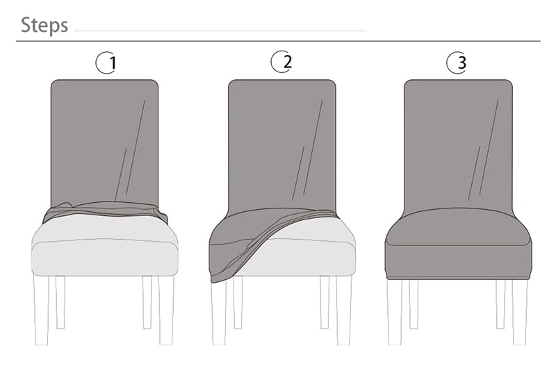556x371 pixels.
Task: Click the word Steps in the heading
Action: [x=44, y=26]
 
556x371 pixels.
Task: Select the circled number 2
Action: [x=281, y=62]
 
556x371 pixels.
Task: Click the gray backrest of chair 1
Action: [x=104, y=139]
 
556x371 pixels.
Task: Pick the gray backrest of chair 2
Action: [x=281, y=139]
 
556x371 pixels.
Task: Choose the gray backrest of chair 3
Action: [x=458, y=139]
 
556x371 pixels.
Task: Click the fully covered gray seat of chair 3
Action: [x=458, y=243]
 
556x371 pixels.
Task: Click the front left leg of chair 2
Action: [x=219, y=313]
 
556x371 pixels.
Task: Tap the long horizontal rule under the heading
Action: [x=278, y=41]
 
